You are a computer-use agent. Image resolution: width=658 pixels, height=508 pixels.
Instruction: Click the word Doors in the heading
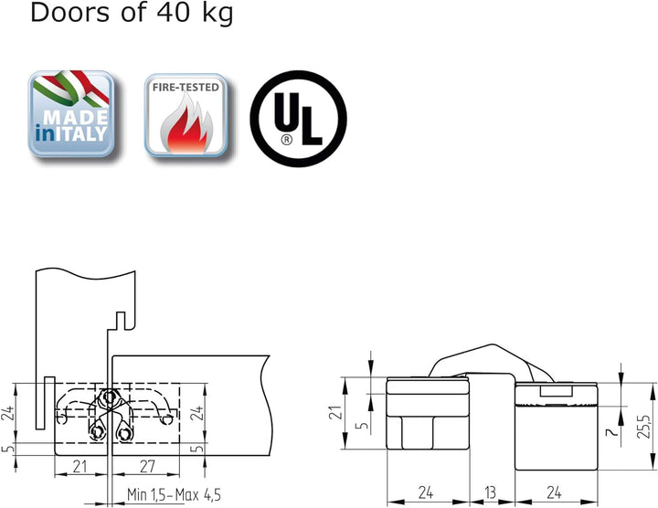tap(69, 12)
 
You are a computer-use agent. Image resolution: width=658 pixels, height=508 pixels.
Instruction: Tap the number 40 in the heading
tap(173, 12)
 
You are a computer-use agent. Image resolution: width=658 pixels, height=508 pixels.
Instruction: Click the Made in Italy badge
tap(71, 113)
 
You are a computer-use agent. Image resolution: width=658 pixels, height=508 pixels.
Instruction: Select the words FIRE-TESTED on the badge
tap(186, 87)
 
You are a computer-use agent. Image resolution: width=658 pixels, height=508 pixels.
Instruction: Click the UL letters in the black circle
tap(298, 118)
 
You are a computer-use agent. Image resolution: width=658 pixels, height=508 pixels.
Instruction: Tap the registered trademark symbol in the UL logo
tap(287, 139)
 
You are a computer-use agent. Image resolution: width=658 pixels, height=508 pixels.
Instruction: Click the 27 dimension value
tap(147, 467)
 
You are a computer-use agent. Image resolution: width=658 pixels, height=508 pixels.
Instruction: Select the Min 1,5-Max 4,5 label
tap(174, 495)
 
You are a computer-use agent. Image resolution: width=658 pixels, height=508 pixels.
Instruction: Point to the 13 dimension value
tap(490, 492)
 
